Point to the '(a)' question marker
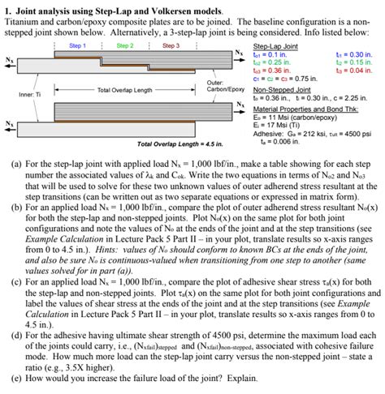tap(17, 162)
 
